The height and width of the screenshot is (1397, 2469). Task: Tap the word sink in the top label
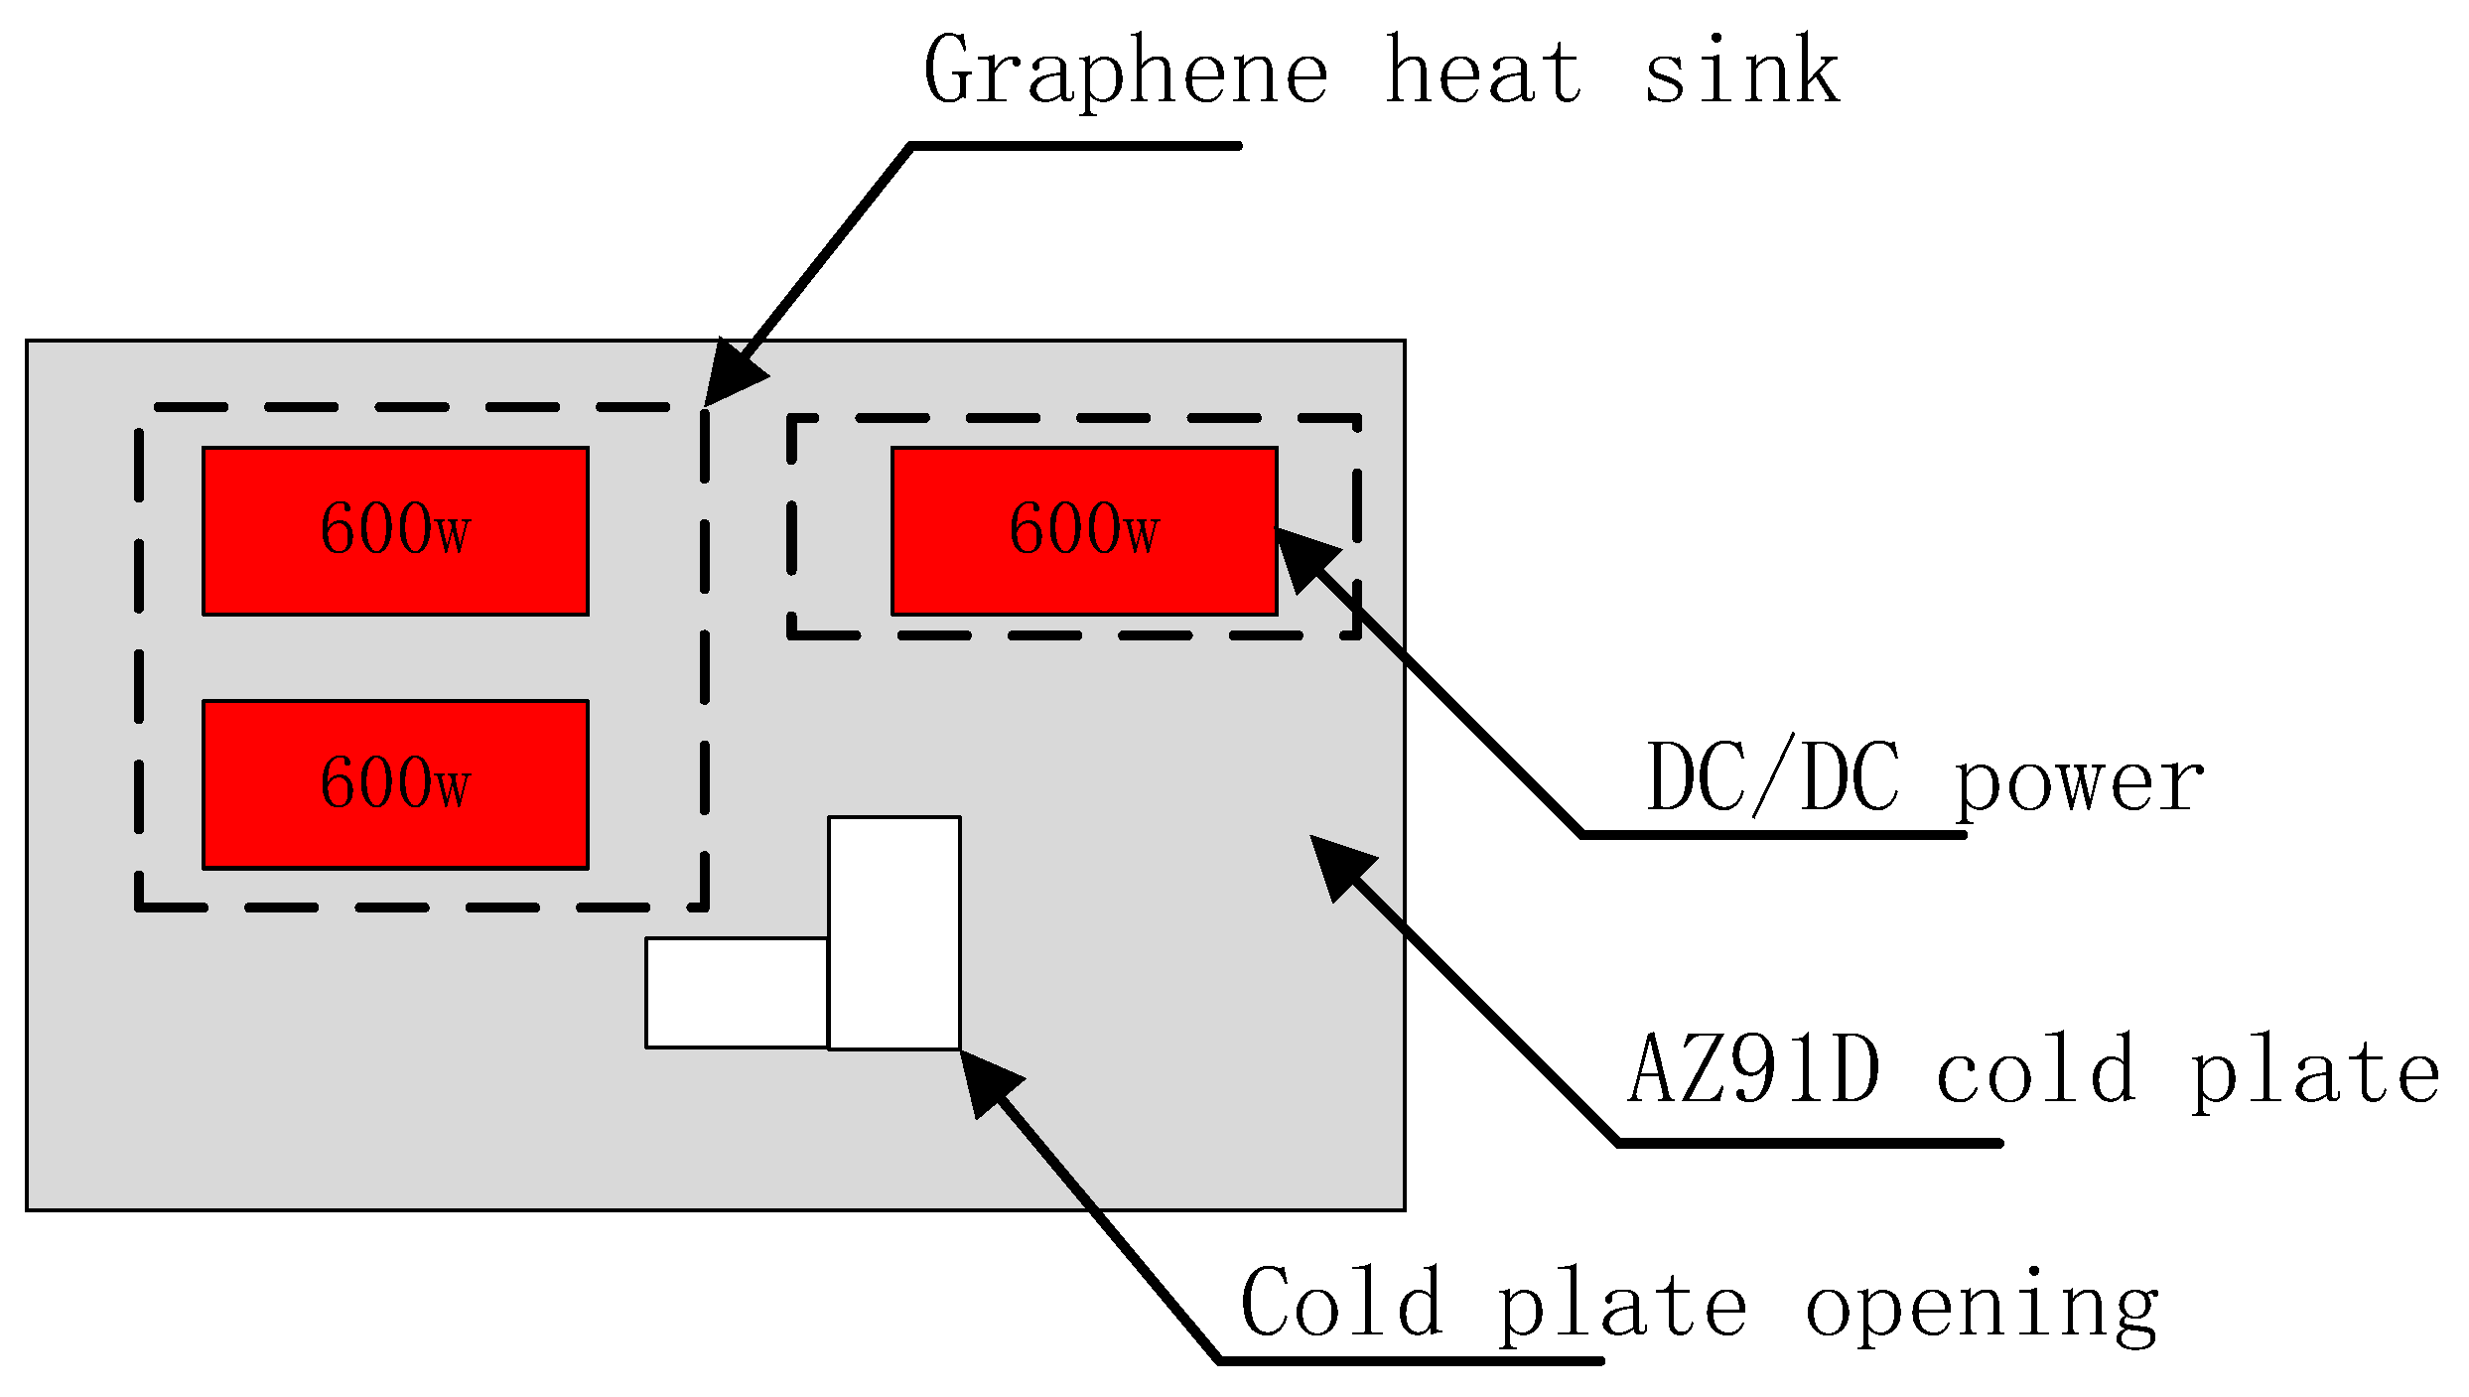(1742, 70)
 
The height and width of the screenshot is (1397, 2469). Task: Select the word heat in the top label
(1483, 70)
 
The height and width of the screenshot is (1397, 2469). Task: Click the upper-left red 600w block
(395, 531)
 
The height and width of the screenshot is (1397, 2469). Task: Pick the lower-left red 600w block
(395, 784)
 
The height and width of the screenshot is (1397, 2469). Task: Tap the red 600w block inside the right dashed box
(1084, 531)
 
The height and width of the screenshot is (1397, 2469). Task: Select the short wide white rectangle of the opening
(737, 992)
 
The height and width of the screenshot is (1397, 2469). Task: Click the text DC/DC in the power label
(1773, 778)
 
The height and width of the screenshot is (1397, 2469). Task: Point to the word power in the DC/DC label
(2079, 784)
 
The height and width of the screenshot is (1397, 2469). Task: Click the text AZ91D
(1755, 1070)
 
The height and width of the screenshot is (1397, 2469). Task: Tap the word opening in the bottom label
(1982, 1309)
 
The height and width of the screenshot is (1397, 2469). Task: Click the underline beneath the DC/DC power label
(1773, 835)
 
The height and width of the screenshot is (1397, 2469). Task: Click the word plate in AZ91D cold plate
(2313, 1074)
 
